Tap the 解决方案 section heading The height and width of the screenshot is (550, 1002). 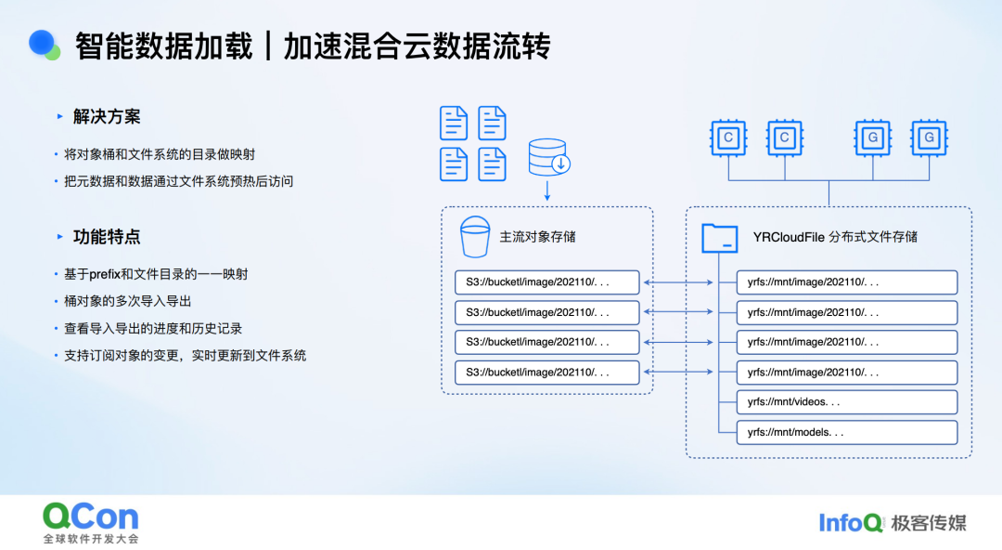[x=107, y=117]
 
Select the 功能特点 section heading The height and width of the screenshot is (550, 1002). [x=107, y=237]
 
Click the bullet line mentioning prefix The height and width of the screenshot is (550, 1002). [x=156, y=274]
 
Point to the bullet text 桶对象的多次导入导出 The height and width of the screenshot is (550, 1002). [x=128, y=301]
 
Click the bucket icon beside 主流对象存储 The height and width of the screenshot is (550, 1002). [x=475, y=237]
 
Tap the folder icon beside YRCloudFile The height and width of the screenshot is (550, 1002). [x=719, y=238]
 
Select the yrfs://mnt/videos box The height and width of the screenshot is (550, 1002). [x=846, y=402]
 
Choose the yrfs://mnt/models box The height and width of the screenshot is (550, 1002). [x=846, y=432]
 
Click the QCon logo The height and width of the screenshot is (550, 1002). [x=90, y=517]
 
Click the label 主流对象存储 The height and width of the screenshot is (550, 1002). [x=537, y=237]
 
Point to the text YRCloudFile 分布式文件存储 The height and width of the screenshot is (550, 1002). [x=835, y=237]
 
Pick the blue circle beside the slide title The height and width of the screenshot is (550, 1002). [x=42, y=43]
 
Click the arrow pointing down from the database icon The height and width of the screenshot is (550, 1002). [x=547, y=191]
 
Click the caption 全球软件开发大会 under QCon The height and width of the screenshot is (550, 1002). [x=90, y=539]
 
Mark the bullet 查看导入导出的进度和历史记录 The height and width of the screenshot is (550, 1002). [x=153, y=328]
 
